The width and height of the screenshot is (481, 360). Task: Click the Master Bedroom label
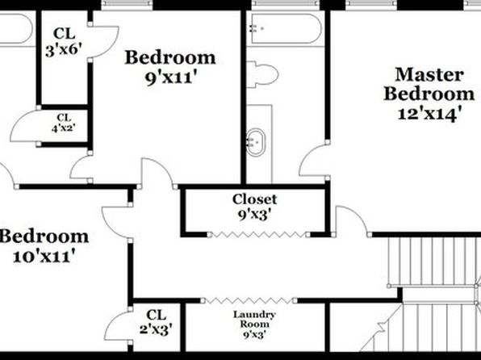click(x=429, y=84)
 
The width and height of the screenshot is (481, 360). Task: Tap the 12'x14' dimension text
click(x=430, y=114)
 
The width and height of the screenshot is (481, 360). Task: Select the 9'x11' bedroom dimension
click(x=170, y=77)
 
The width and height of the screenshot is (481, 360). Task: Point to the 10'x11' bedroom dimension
click(x=44, y=255)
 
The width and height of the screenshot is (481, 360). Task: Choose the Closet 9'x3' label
click(x=254, y=207)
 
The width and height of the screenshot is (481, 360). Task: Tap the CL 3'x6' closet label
click(x=64, y=42)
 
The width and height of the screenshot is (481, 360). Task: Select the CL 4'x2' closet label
click(x=64, y=123)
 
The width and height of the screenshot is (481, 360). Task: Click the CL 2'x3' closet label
click(x=156, y=322)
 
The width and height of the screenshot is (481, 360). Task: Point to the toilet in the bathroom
click(x=262, y=74)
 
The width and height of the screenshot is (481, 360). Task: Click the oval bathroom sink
click(x=256, y=142)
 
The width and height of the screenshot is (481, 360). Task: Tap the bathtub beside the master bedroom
click(x=286, y=28)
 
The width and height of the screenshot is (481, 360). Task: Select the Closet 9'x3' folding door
click(x=258, y=235)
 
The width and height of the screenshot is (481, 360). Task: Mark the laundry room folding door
click(x=249, y=300)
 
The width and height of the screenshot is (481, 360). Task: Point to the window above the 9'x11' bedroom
click(x=127, y=4)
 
